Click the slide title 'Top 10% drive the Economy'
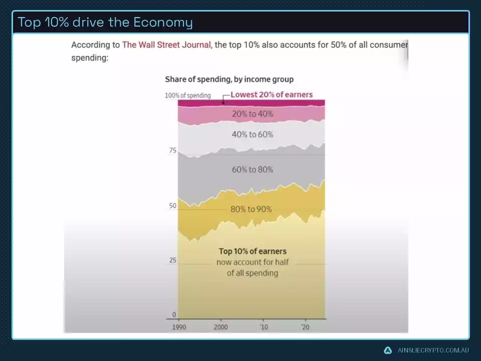105,23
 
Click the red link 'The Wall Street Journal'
166,45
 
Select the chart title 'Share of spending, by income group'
229,79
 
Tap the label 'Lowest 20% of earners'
272,94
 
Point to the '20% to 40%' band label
253,114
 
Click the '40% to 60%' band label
253,134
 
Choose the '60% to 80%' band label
253,169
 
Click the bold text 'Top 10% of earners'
253,251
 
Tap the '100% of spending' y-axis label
188,95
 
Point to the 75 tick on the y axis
172,150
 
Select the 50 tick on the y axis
172,206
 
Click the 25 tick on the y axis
172,261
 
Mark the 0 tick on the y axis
174,315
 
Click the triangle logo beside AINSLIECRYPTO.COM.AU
388,350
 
